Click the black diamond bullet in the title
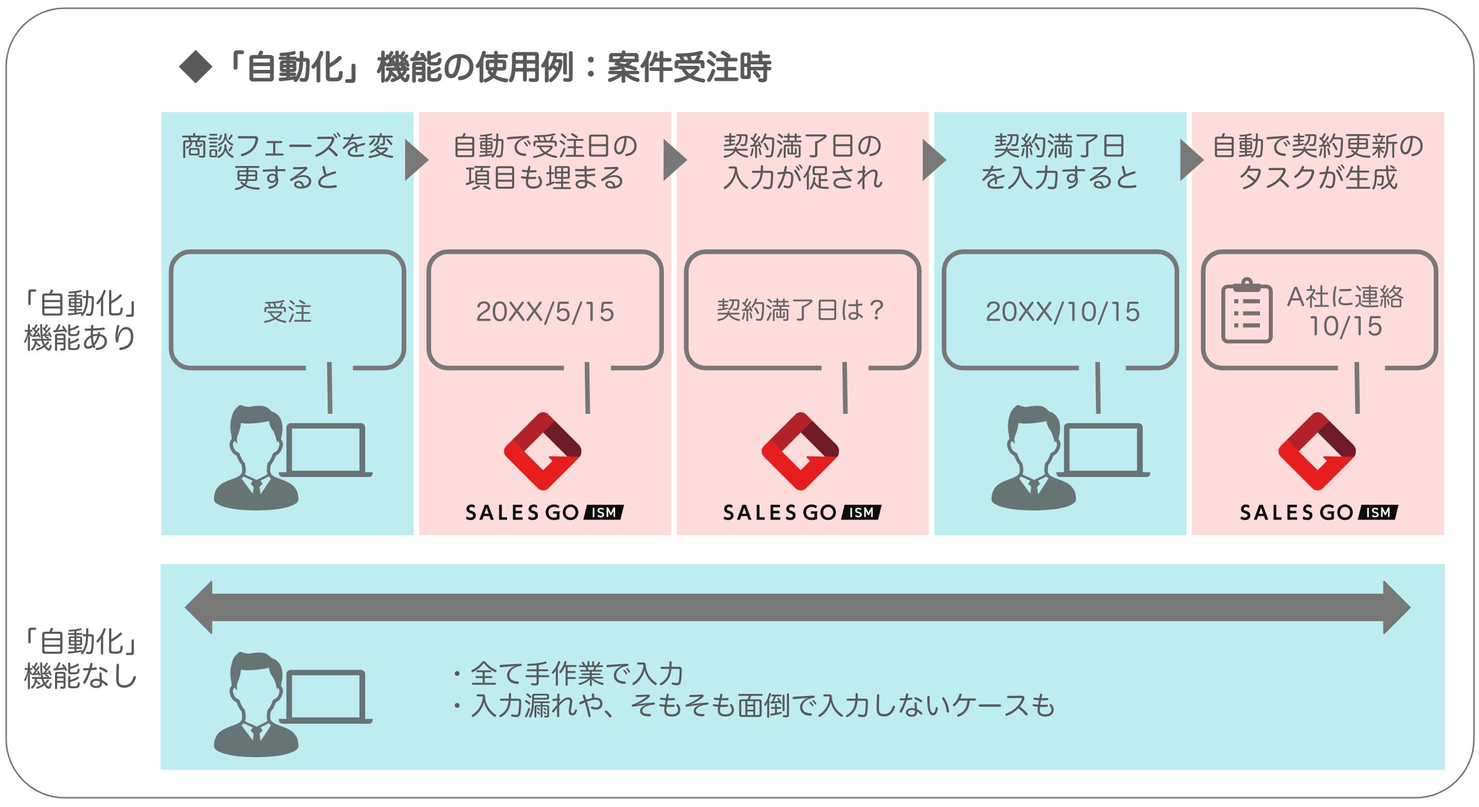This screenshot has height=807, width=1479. pos(196,67)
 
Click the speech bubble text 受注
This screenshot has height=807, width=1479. pos(287,312)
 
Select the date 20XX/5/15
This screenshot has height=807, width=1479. pos(545,312)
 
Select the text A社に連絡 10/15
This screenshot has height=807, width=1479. pos(1345,311)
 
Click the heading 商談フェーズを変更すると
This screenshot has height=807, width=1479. pos(287,161)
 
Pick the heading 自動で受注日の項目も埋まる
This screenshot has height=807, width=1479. pos(545,161)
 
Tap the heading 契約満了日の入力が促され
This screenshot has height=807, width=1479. pos(802,161)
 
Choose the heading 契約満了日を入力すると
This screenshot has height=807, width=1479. pos(1059,161)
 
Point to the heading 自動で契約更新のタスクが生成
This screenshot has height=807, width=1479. pos(1318,161)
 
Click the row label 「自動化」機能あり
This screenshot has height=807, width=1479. pos(80,320)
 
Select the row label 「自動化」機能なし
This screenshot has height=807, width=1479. pos(80,658)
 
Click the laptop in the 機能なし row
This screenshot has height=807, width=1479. pos(326,696)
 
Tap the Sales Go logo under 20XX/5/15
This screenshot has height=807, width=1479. pos(543,451)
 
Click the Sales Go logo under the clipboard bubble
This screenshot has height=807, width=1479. pos(1317,451)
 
